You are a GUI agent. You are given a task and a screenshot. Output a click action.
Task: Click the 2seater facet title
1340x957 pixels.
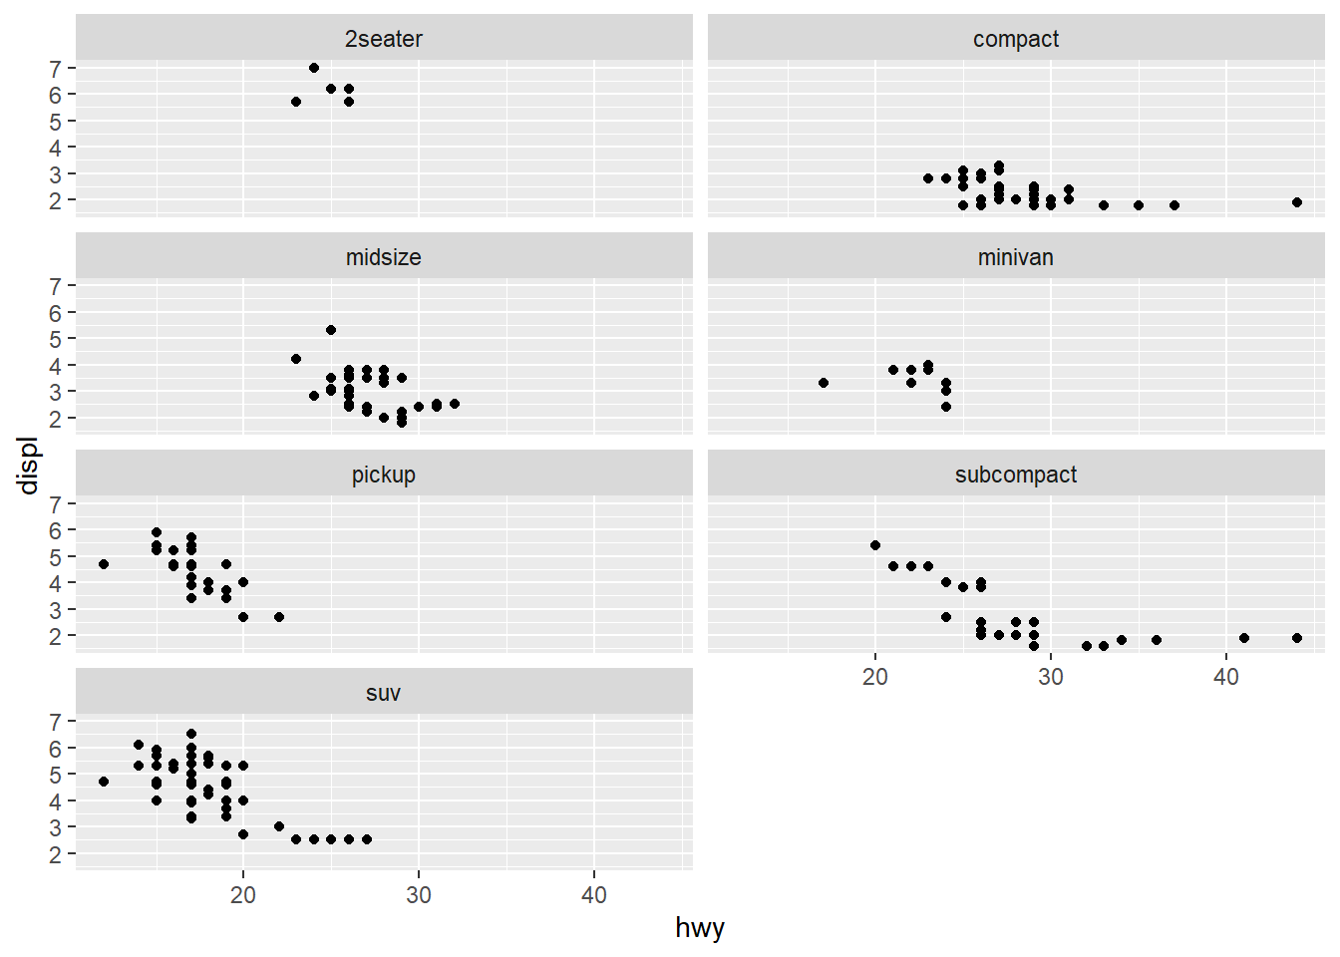tap(384, 39)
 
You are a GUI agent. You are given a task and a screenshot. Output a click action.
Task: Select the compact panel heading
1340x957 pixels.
tap(1016, 39)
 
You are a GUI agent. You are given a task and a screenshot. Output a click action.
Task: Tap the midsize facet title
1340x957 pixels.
tap(384, 257)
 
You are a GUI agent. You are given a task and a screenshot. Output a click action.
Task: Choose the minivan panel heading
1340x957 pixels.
tap(1016, 257)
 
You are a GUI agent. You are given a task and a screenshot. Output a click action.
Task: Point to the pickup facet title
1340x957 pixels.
tap(384, 475)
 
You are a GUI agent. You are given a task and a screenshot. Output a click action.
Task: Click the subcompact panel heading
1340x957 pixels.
tap(1016, 475)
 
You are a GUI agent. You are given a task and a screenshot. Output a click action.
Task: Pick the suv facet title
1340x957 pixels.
tap(384, 693)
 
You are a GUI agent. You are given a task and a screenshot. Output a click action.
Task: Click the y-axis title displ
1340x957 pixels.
tap(29, 465)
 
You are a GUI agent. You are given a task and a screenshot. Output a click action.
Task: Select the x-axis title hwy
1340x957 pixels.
tap(700, 928)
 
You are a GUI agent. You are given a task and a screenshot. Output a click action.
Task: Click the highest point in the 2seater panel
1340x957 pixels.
tap(314, 68)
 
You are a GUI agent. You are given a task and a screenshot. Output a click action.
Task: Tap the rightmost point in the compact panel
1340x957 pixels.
tap(1297, 202)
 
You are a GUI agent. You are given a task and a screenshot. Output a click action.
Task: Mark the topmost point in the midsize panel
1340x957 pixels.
tap(331, 330)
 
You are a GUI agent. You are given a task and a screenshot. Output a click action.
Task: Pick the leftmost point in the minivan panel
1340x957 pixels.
tap(824, 383)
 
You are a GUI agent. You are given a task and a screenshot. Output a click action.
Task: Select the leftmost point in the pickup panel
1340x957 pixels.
tap(104, 564)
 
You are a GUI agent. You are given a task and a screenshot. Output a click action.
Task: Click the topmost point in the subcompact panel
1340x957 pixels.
tap(875, 545)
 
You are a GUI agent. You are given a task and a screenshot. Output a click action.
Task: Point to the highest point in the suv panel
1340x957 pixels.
tap(191, 734)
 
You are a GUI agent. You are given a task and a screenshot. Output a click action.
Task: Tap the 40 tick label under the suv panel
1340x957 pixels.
tap(594, 895)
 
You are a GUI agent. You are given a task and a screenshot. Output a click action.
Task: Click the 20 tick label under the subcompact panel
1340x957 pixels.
tap(875, 677)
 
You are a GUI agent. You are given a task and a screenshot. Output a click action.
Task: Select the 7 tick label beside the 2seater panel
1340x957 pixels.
tap(56, 69)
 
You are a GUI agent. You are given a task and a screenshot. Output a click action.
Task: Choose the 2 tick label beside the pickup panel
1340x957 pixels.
tap(56, 636)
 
